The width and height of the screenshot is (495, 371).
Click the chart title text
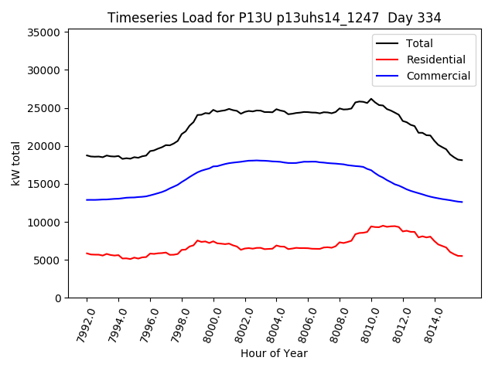[x=275, y=18]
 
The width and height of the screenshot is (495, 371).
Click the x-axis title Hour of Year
[x=274, y=353]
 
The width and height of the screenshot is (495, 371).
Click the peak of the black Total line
[x=371, y=99]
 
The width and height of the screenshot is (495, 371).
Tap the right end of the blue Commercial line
[x=463, y=202]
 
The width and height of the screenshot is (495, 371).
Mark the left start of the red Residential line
[x=87, y=253]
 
